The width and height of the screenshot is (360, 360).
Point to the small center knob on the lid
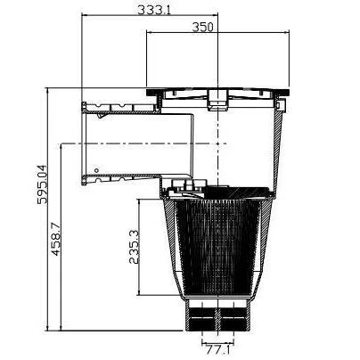pos(216,101)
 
